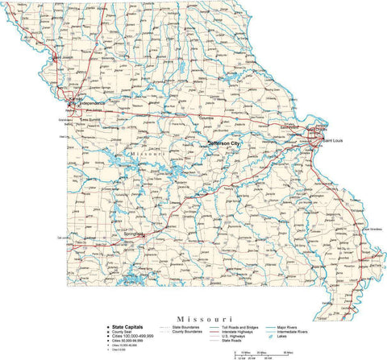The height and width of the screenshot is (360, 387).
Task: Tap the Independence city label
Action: click(x=90, y=103)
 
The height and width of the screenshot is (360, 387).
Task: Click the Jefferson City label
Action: click(x=224, y=143)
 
